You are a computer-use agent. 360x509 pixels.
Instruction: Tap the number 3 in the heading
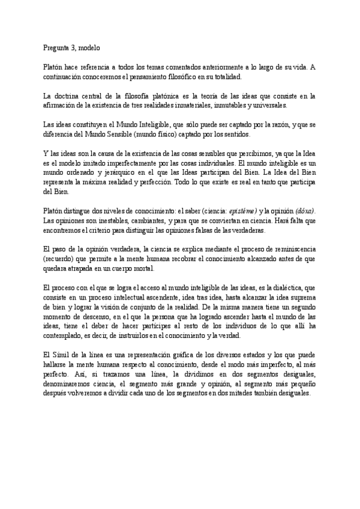point(79,47)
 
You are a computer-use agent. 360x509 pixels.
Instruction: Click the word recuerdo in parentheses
point(58,258)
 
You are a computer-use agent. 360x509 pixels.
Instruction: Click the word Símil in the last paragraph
point(68,354)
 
